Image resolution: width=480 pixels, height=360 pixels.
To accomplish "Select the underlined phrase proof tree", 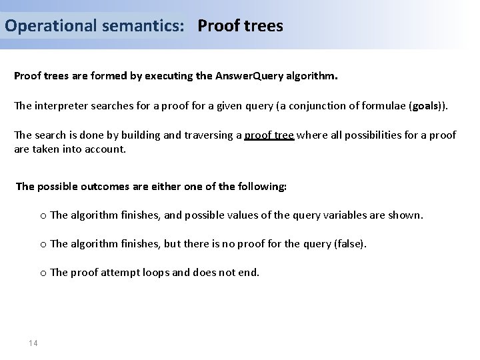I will (269, 135).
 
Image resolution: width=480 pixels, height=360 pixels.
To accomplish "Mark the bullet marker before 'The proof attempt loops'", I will (43, 273).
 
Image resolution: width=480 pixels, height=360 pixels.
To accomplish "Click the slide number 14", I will (33, 343).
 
